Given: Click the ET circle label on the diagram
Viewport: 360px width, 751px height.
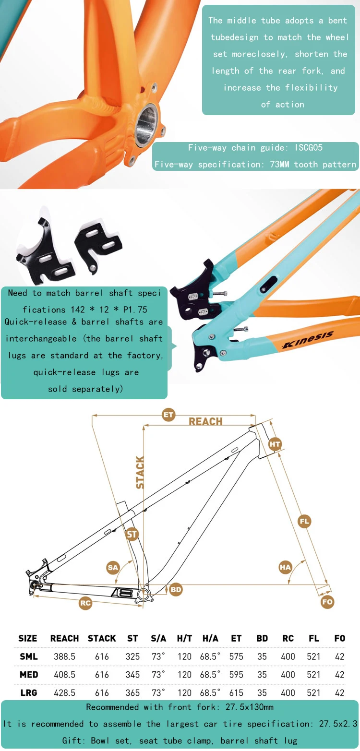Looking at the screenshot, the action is point(168,415).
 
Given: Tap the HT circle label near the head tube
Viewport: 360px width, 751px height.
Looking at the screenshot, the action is point(275,444).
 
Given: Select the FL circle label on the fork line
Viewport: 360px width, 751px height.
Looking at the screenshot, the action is point(304,521).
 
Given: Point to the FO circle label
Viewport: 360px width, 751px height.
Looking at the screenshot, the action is point(327,601).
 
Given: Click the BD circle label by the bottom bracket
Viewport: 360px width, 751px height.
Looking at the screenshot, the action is point(176,589).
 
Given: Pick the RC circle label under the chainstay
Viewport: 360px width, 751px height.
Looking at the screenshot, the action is point(85,603).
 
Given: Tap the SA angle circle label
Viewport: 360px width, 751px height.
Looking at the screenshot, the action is point(113,567).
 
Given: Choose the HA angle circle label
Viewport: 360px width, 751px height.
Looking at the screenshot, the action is point(285,567).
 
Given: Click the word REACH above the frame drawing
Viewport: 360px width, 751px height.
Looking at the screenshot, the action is point(205,421).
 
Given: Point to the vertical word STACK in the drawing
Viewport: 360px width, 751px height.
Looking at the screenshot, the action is point(140,472).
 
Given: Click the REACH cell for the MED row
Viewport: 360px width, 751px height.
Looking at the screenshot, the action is point(64,674).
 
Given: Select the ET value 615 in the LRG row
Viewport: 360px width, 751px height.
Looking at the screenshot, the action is point(236,692).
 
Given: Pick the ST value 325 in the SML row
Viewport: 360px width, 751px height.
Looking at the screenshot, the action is point(132,656).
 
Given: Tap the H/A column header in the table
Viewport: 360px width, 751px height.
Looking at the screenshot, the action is point(210,638).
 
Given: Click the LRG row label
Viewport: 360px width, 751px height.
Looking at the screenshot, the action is point(29,692).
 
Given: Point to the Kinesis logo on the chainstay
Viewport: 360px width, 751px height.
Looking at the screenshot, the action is point(308,339).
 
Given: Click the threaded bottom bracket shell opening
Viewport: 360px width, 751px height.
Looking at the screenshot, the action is point(146,125).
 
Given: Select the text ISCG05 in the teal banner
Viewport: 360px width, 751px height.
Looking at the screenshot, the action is point(309,147).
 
